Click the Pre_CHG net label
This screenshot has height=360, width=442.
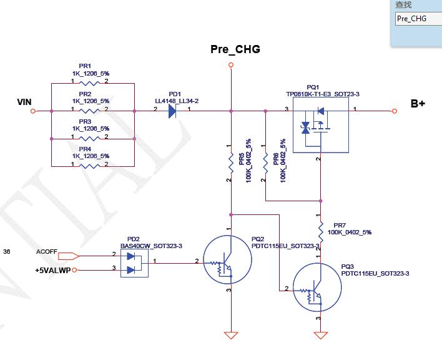tap(235, 49)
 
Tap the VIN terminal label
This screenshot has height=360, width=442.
tap(24, 102)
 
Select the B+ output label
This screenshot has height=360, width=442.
tap(418, 104)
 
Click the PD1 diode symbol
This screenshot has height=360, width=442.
tap(172, 111)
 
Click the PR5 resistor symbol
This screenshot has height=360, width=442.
tap(231, 161)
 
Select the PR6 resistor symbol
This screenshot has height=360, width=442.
tap(265, 161)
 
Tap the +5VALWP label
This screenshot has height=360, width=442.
tap(53, 270)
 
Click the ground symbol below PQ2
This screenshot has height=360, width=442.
tap(231, 336)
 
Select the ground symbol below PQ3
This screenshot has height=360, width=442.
tap(321, 336)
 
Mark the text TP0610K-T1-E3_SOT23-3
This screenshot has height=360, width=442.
tap(323, 94)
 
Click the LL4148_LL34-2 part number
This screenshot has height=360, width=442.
tap(177, 101)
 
